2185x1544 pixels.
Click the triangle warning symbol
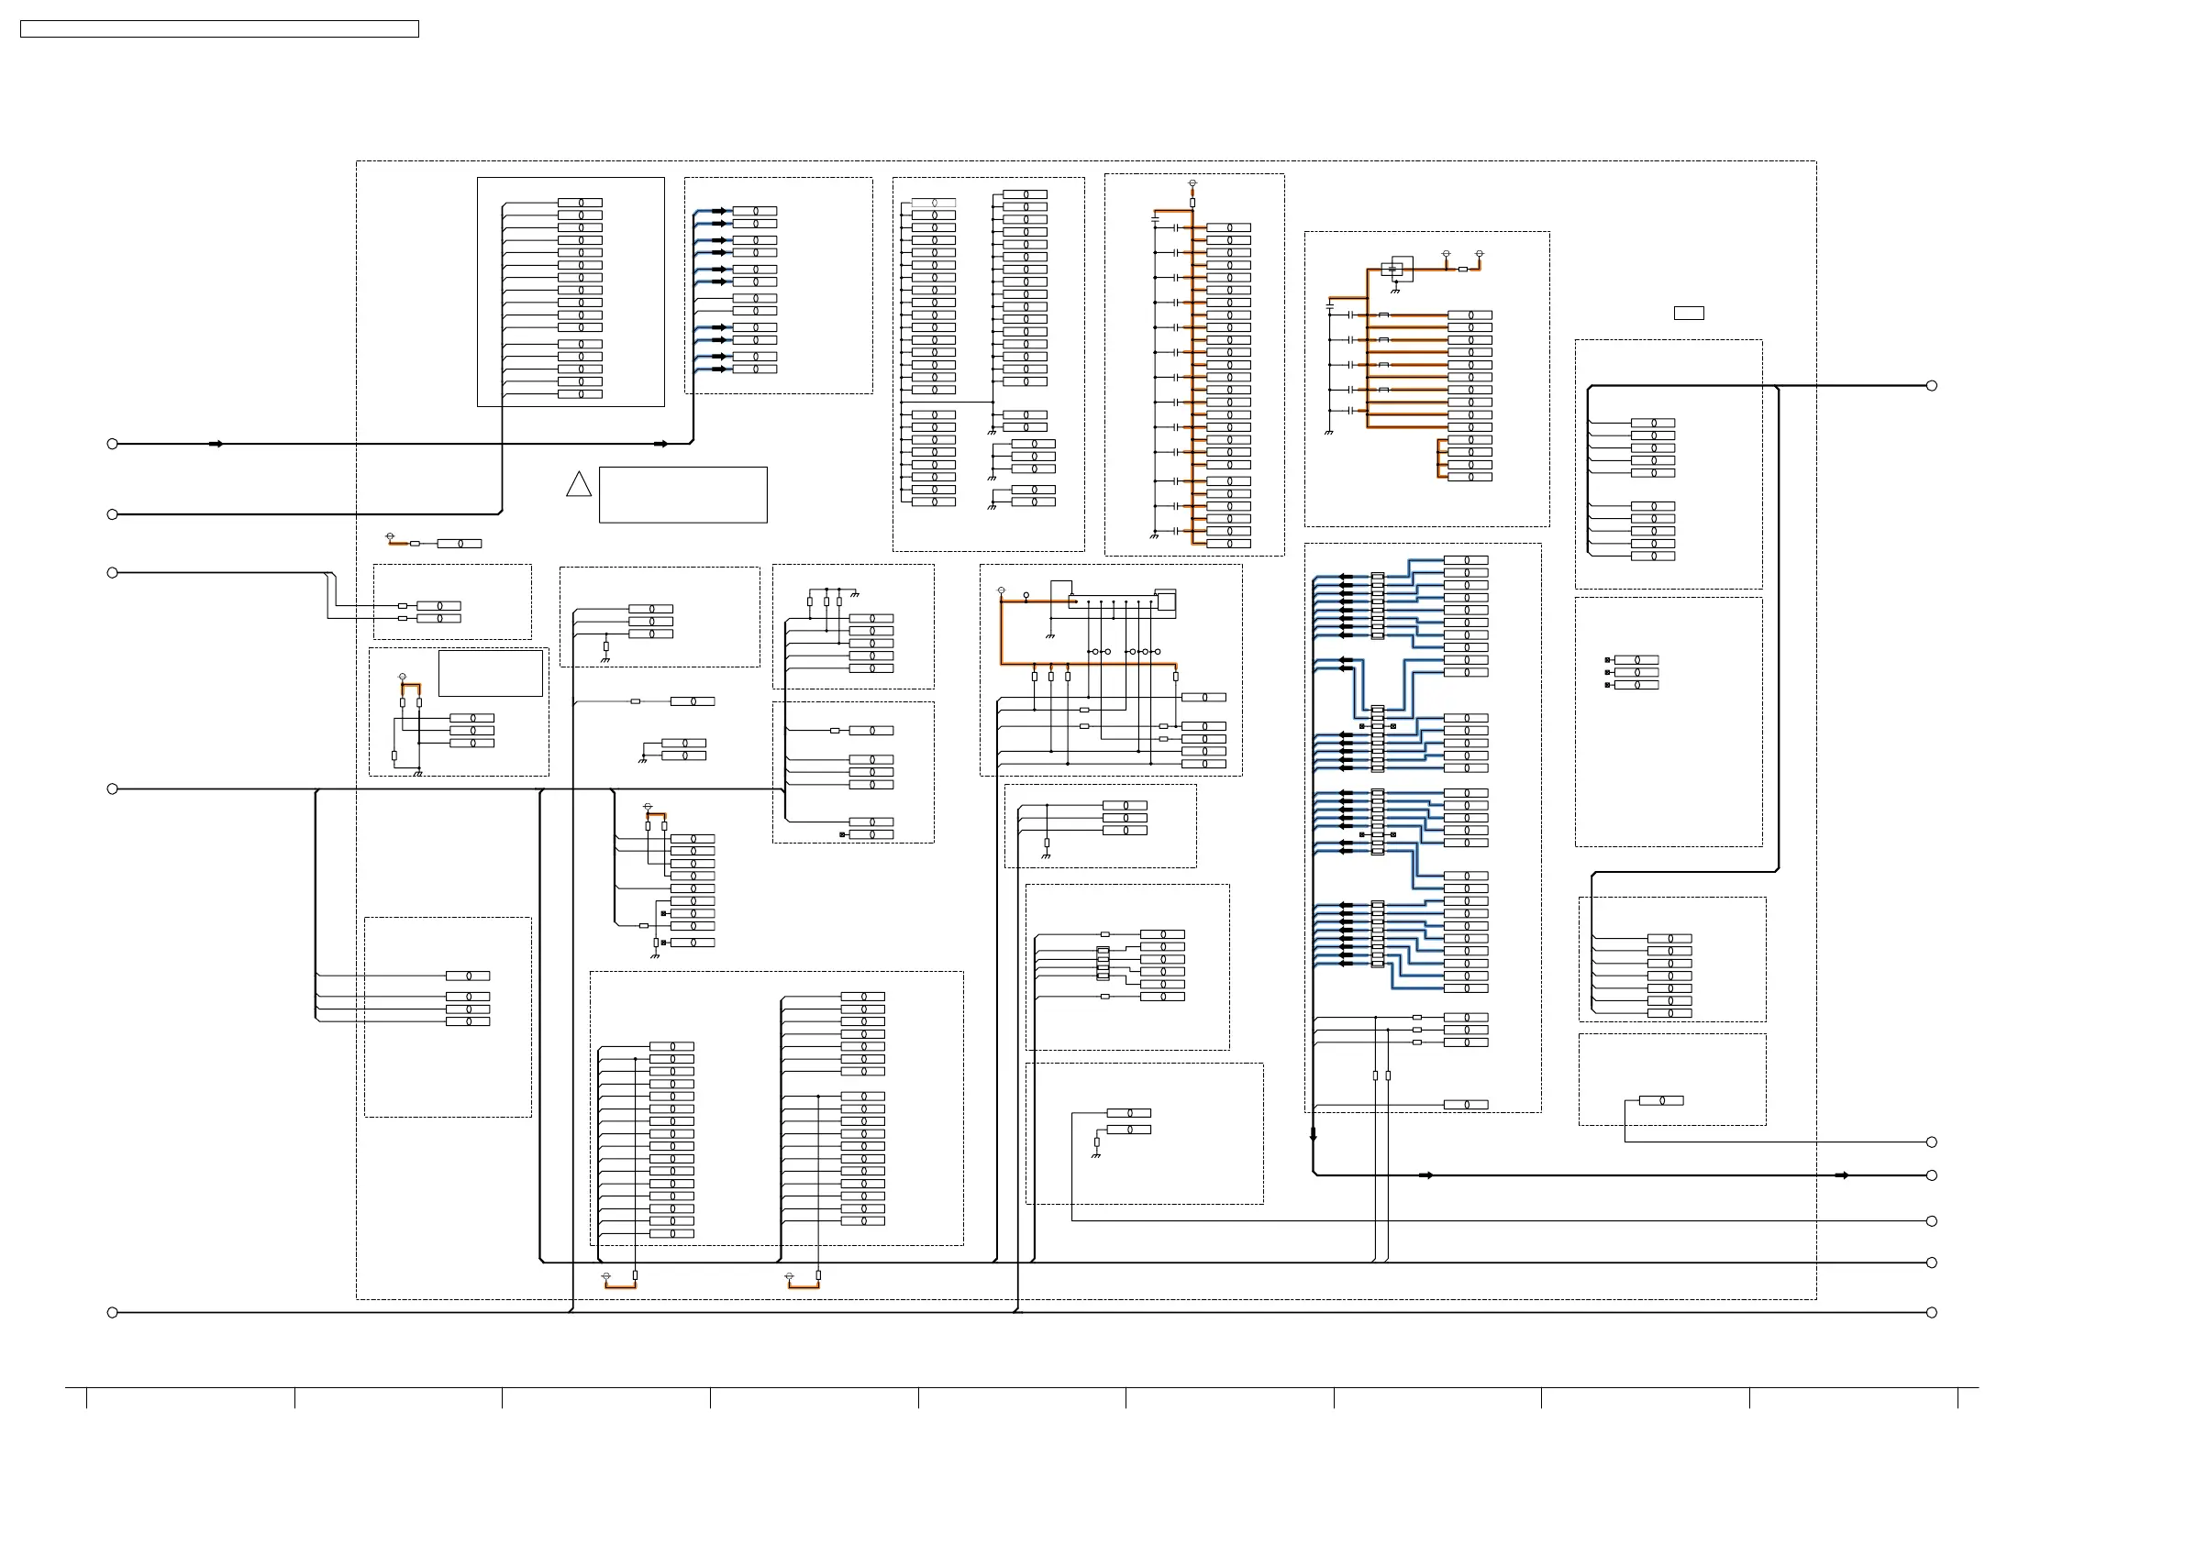(579, 485)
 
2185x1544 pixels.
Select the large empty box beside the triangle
(682, 495)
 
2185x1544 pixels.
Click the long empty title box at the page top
(219, 29)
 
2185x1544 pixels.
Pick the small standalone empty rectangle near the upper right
(1688, 313)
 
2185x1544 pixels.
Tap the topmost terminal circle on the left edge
(112, 444)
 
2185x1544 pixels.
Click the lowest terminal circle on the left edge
(112, 1313)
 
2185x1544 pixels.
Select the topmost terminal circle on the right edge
(1932, 385)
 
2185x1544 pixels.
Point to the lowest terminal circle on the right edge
(1932, 1313)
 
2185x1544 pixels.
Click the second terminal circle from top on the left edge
(112, 514)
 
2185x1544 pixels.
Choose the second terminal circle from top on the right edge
(1932, 1141)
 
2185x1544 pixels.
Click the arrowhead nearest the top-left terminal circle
(216, 444)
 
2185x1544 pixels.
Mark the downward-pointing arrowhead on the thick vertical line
(1314, 1135)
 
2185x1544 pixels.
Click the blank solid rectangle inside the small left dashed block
(490, 674)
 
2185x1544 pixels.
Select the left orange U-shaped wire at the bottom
(619, 1285)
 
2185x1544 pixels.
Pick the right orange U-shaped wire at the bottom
(804, 1285)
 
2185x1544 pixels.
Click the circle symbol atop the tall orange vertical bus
(1192, 182)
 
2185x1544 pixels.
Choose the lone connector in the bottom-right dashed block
(1660, 1100)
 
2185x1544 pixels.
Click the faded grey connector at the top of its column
(934, 203)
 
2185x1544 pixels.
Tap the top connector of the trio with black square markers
(1636, 660)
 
